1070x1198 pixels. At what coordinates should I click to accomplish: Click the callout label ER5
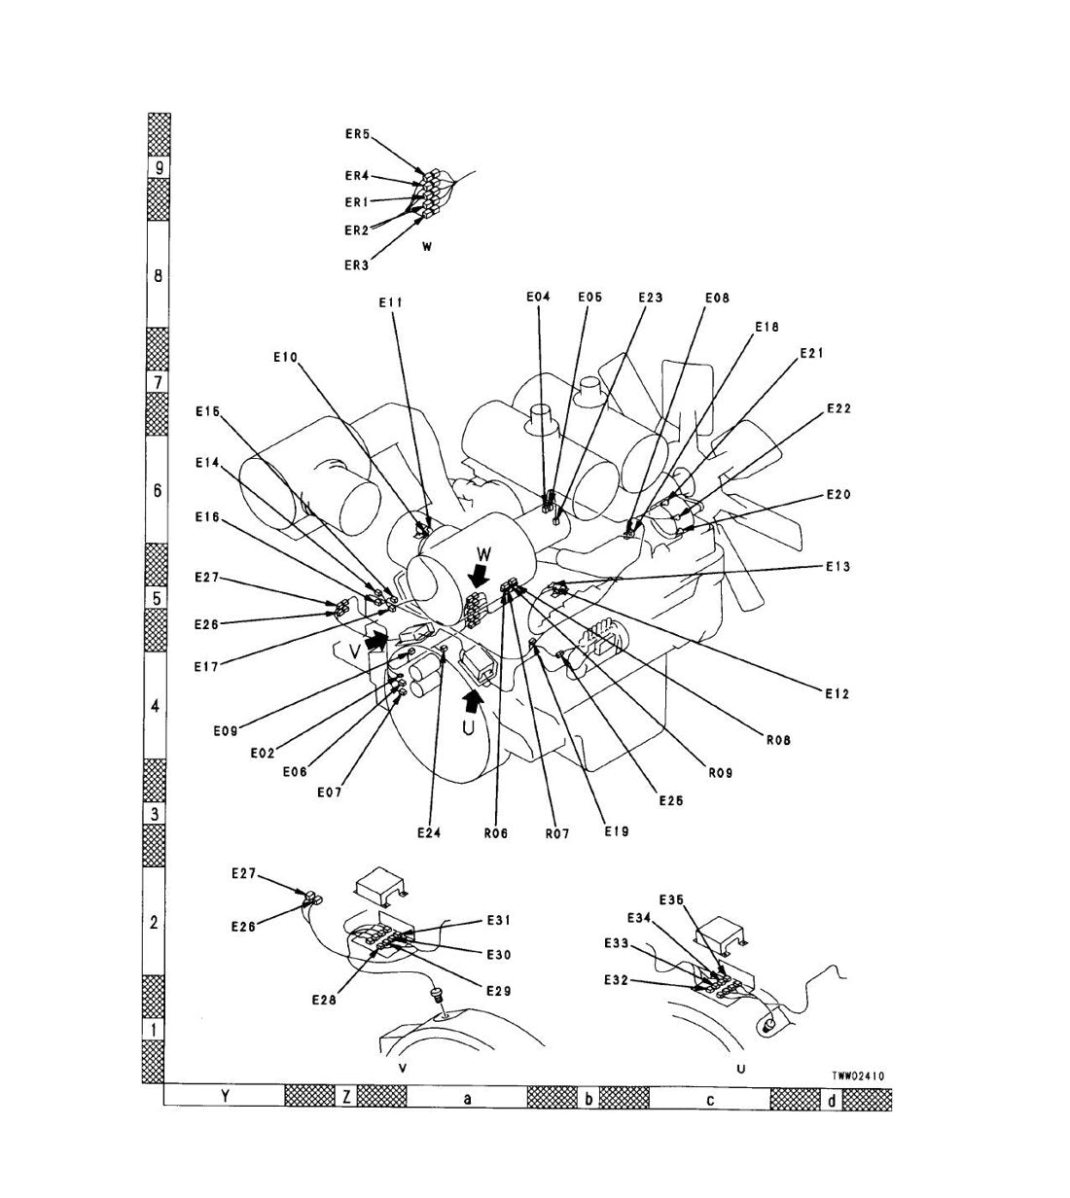357,134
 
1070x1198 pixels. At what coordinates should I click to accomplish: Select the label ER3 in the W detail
357,265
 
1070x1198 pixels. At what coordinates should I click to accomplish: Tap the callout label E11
391,302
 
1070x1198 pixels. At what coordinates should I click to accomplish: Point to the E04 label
538,297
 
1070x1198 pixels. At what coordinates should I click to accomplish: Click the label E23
651,298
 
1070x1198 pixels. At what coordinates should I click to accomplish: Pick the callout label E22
838,408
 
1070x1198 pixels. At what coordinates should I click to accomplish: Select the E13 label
838,567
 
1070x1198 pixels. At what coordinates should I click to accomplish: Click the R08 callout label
778,740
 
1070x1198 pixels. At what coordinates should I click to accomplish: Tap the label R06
496,833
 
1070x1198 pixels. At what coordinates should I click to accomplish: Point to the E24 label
429,833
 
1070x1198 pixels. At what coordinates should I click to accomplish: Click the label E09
226,731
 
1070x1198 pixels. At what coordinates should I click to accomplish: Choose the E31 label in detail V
499,920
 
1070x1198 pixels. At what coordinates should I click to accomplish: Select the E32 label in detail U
617,980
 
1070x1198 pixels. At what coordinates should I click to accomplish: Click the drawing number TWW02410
858,1075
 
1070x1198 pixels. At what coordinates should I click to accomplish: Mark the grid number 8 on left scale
158,275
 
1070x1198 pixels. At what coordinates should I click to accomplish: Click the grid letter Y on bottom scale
225,1097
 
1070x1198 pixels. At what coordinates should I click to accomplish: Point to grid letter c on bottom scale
710,1101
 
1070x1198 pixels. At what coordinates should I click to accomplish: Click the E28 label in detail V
324,1000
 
